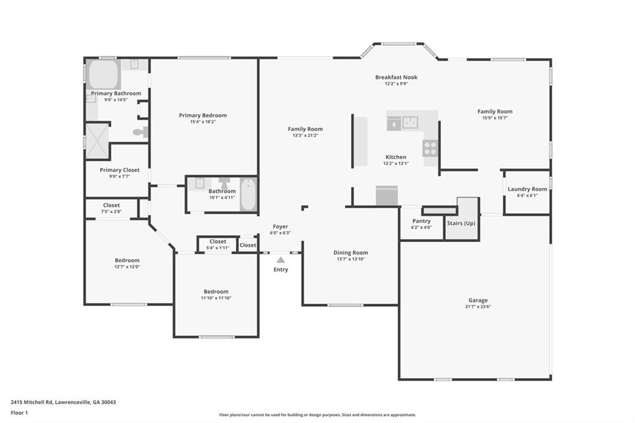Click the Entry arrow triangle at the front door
[x=281, y=260]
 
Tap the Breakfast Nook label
[x=396, y=77]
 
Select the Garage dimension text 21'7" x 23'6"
[x=478, y=307]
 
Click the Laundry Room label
[x=527, y=189]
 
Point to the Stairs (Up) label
[x=461, y=223]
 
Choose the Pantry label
[x=421, y=221]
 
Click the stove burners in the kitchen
[x=430, y=148]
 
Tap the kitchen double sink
[x=411, y=122]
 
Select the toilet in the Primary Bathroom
[x=141, y=131]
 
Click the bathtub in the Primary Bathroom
[x=104, y=74]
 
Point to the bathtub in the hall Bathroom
[x=248, y=195]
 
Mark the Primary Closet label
[x=120, y=170]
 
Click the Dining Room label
[x=351, y=252]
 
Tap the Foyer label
[x=280, y=226]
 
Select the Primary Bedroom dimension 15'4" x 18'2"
[x=203, y=122]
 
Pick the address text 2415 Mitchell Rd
[x=32, y=403]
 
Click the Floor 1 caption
[x=19, y=413]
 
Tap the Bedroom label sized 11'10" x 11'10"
[x=216, y=292]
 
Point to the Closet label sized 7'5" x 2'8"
[x=112, y=205]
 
